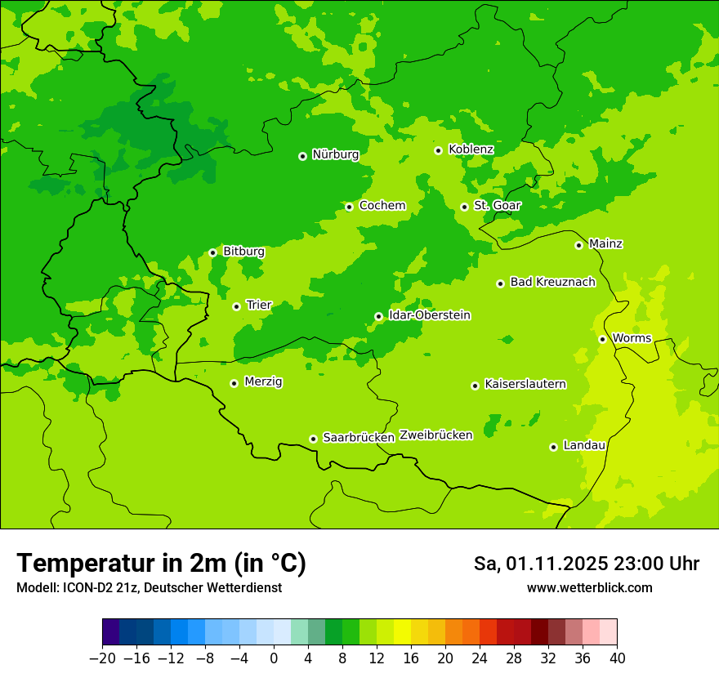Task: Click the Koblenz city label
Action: [471, 149]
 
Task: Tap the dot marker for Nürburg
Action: [302, 155]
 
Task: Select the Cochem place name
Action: [382, 206]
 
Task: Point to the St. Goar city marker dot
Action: [464, 207]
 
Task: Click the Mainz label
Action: [605, 244]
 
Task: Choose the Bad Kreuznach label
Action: [552, 283]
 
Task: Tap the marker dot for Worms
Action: [602, 339]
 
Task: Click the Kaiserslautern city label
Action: [525, 385]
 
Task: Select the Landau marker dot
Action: [553, 447]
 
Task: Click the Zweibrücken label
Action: [435, 435]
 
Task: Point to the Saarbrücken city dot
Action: [313, 439]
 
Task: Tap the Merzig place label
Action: [263, 382]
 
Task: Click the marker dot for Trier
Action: [236, 306]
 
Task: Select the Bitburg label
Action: [243, 252]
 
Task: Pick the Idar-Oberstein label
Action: [429, 315]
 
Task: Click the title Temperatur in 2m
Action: [161, 564]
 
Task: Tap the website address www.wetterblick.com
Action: [589, 588]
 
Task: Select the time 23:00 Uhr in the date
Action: [657, 564]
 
